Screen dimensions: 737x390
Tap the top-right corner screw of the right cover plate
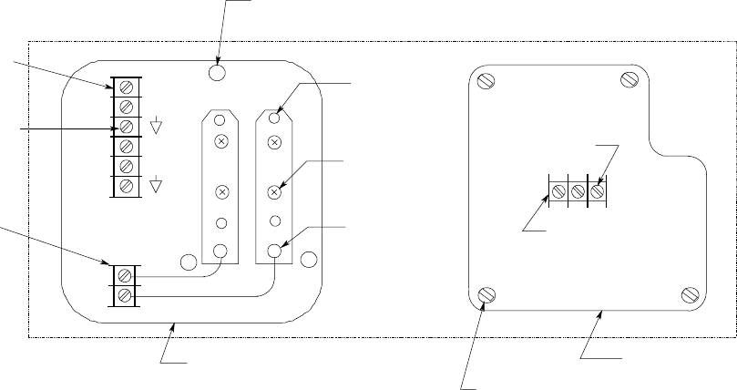click(x=628, y=80)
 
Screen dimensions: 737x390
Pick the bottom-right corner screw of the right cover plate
click(x=689, y=294)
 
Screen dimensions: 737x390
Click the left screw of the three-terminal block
click(x=558, y=191)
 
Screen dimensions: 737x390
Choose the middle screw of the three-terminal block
click(x=577, y=191)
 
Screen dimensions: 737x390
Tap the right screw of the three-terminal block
click(x=597, y=191)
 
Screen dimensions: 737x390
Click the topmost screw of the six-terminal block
click(x=128, y=87)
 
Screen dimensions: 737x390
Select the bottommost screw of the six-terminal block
click(x=128, y=186)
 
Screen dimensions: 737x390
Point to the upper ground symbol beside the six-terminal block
click(x=156, y=126)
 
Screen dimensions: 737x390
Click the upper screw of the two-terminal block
click(x=125, y=274)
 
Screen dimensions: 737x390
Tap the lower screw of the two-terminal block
click(x=125, y=294)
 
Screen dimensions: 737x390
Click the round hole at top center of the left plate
click(x=217, y=71)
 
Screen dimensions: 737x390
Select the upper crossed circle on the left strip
click(x=220, y=141)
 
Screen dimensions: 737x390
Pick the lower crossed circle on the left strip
click(x=220, y=192)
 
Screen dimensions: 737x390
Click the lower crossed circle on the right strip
click(x=274, y=192)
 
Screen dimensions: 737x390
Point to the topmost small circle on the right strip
click(x=274, y=118)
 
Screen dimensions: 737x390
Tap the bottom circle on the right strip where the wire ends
click(x=274, y=250)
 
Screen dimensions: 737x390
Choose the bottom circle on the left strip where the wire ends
click(x=220, y=250)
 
